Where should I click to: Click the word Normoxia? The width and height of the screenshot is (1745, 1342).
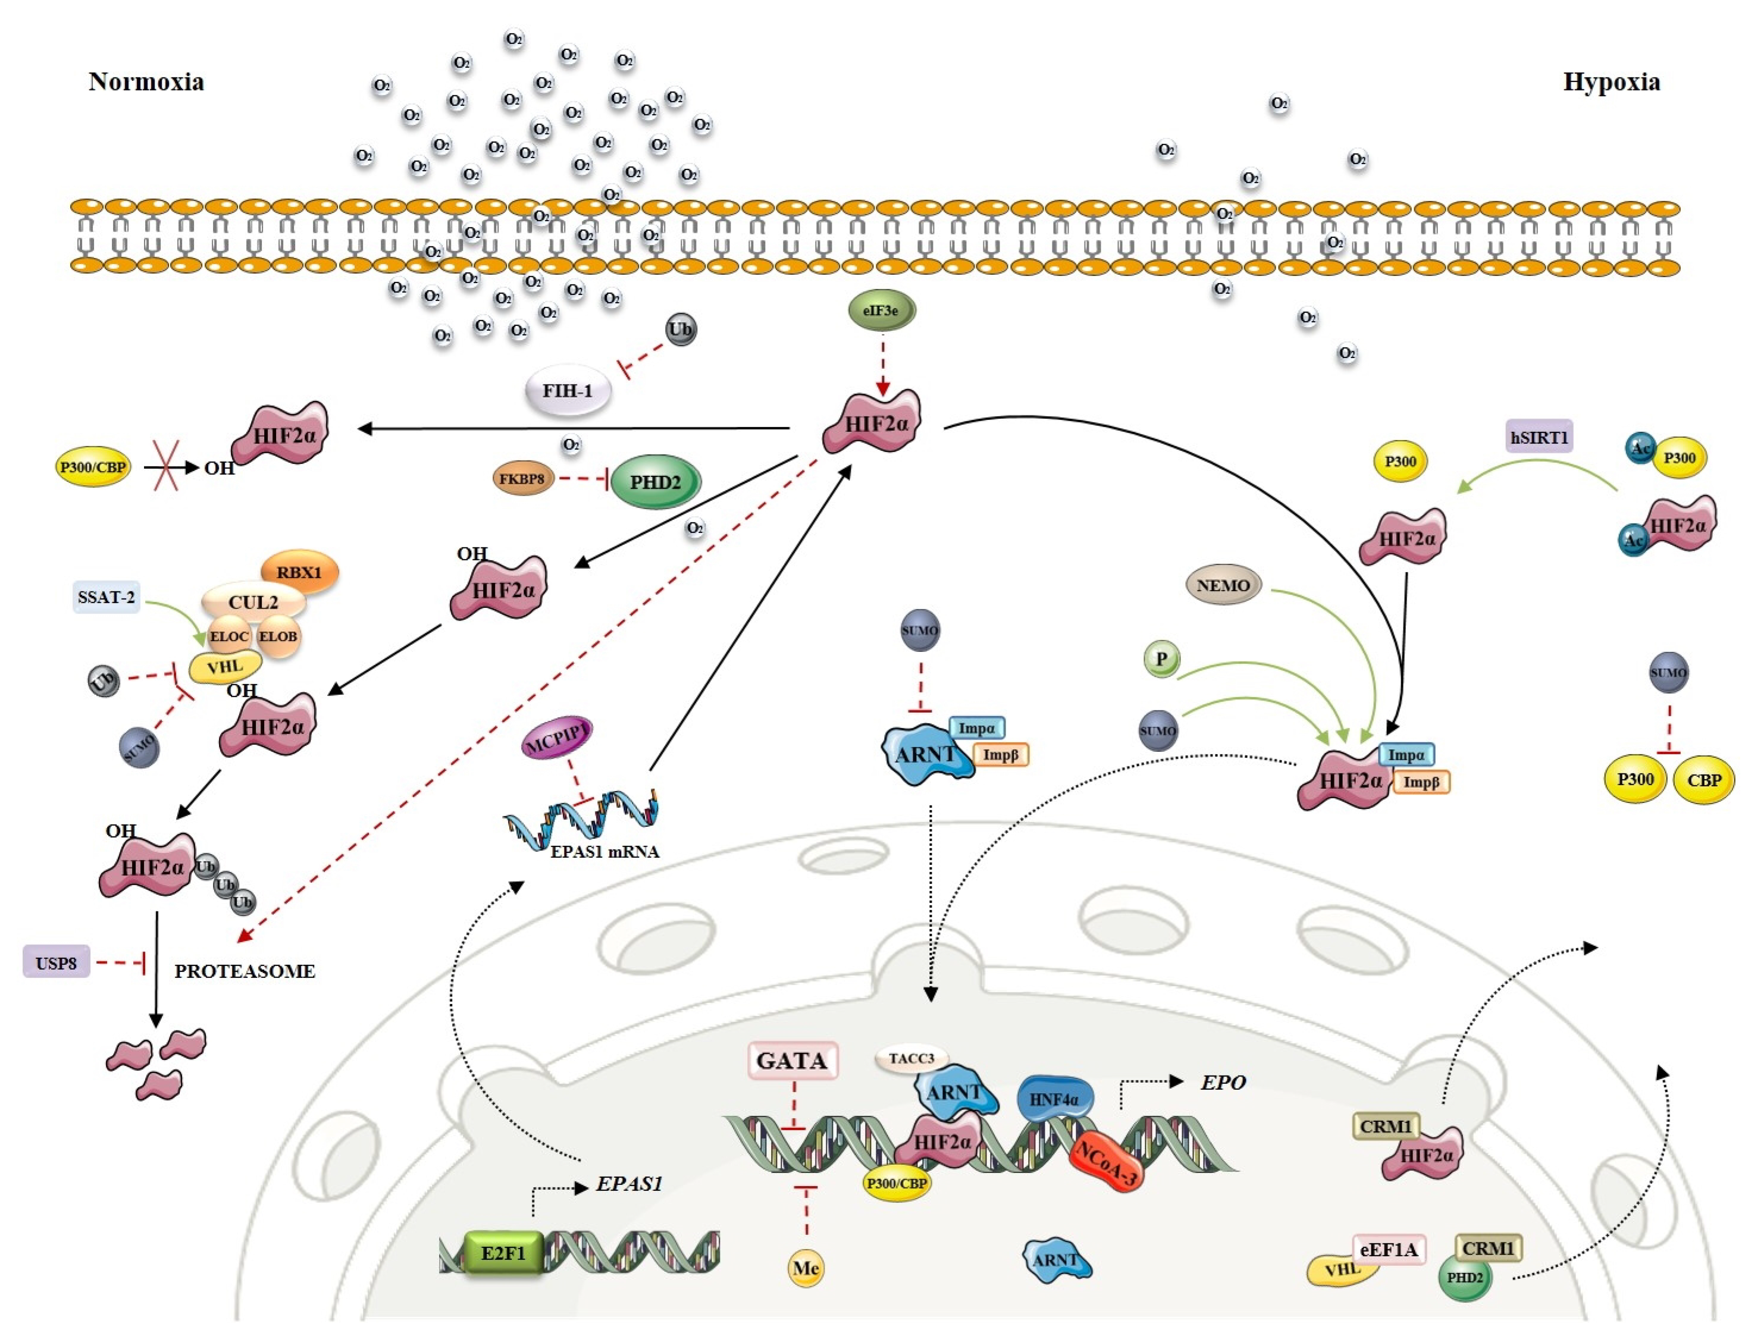(x=146, y=81)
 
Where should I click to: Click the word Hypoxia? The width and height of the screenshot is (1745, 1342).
(x=1611, y=81)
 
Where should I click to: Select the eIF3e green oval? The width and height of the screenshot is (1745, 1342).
(x=881, y=311)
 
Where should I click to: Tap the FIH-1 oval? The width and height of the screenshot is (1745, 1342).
(x=567, y=391)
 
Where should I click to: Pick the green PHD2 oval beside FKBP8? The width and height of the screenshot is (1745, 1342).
(x=655, y=482)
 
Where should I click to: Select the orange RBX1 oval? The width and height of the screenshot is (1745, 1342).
(x=300, y=572)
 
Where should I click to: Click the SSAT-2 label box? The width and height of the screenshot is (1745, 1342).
(x=106, y=597)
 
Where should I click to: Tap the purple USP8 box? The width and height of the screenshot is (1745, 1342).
(x=56, y=963)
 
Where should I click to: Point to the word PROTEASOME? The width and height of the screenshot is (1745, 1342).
(x=245, y=971)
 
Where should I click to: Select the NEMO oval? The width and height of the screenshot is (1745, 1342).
(x=1223, y=585)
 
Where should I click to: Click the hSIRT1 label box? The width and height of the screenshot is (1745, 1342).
(x=1539, y=437)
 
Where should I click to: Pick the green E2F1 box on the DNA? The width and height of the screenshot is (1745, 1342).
(x=503, y=1253)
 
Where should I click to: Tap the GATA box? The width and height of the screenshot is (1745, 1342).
(x=792, y=1061)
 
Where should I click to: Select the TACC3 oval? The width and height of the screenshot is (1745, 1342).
(x=911, y=1058)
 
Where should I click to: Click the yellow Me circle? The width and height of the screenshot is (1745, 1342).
(x=806, y=1268)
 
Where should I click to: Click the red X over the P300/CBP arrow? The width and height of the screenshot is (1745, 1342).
(x=165, y=466)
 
